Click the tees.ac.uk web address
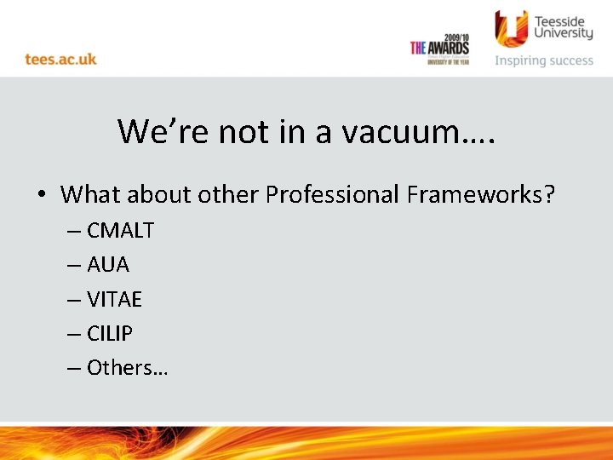tap(60, 60)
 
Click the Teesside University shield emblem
tap(512, 29)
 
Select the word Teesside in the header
tap(563, 18)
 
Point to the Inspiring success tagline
tap(544, 60)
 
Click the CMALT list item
tap(120, 230)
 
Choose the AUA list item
tap(107, 265)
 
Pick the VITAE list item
tap(114, 299)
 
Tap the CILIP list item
tap(110, 333)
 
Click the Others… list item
tap(127, 367)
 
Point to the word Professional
tap(332, 195)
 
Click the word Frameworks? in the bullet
tap(480, 195)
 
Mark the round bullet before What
tap(41, 196)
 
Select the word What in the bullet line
tap(91, 195)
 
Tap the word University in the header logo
tap(563, 33)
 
